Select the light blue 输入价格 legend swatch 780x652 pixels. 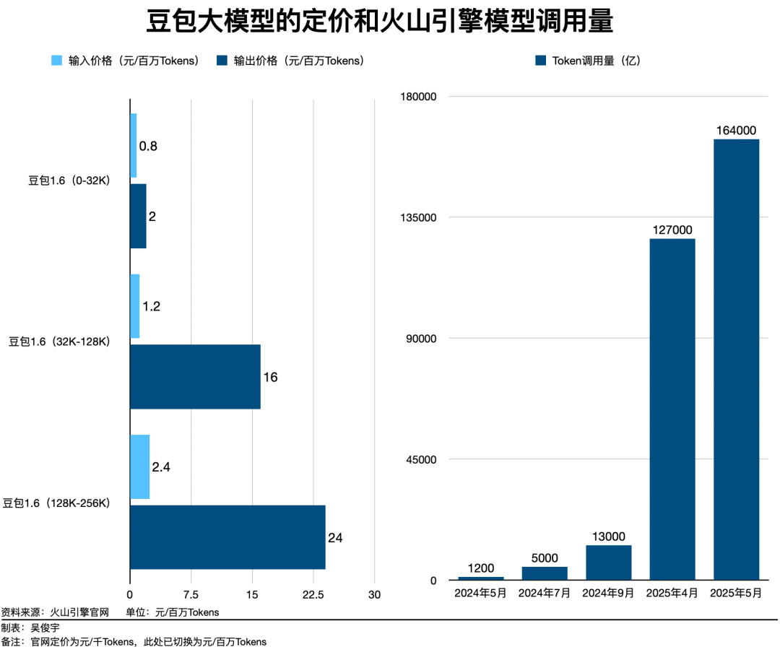click(56, 61)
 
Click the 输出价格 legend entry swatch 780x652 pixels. click(222, 61)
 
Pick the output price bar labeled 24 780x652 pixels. click(227, 537)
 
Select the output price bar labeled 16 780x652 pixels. click(195, 377)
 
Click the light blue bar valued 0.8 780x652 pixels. click(133, 145)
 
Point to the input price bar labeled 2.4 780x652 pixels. click(139, 466)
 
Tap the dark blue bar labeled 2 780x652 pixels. click(138, 216)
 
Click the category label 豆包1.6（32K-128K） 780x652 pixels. click(59, 342)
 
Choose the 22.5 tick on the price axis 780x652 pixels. click(313, 594)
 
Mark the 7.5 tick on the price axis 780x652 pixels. click(191, 594)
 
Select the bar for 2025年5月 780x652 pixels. click(736, 359)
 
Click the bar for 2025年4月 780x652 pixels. click(672, 409)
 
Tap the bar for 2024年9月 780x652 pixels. click(608, 562)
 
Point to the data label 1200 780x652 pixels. click(480, 568)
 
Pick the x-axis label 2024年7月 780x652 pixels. click(545, 593)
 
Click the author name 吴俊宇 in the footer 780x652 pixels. click(45, 627)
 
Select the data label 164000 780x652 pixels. click(736, 131)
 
